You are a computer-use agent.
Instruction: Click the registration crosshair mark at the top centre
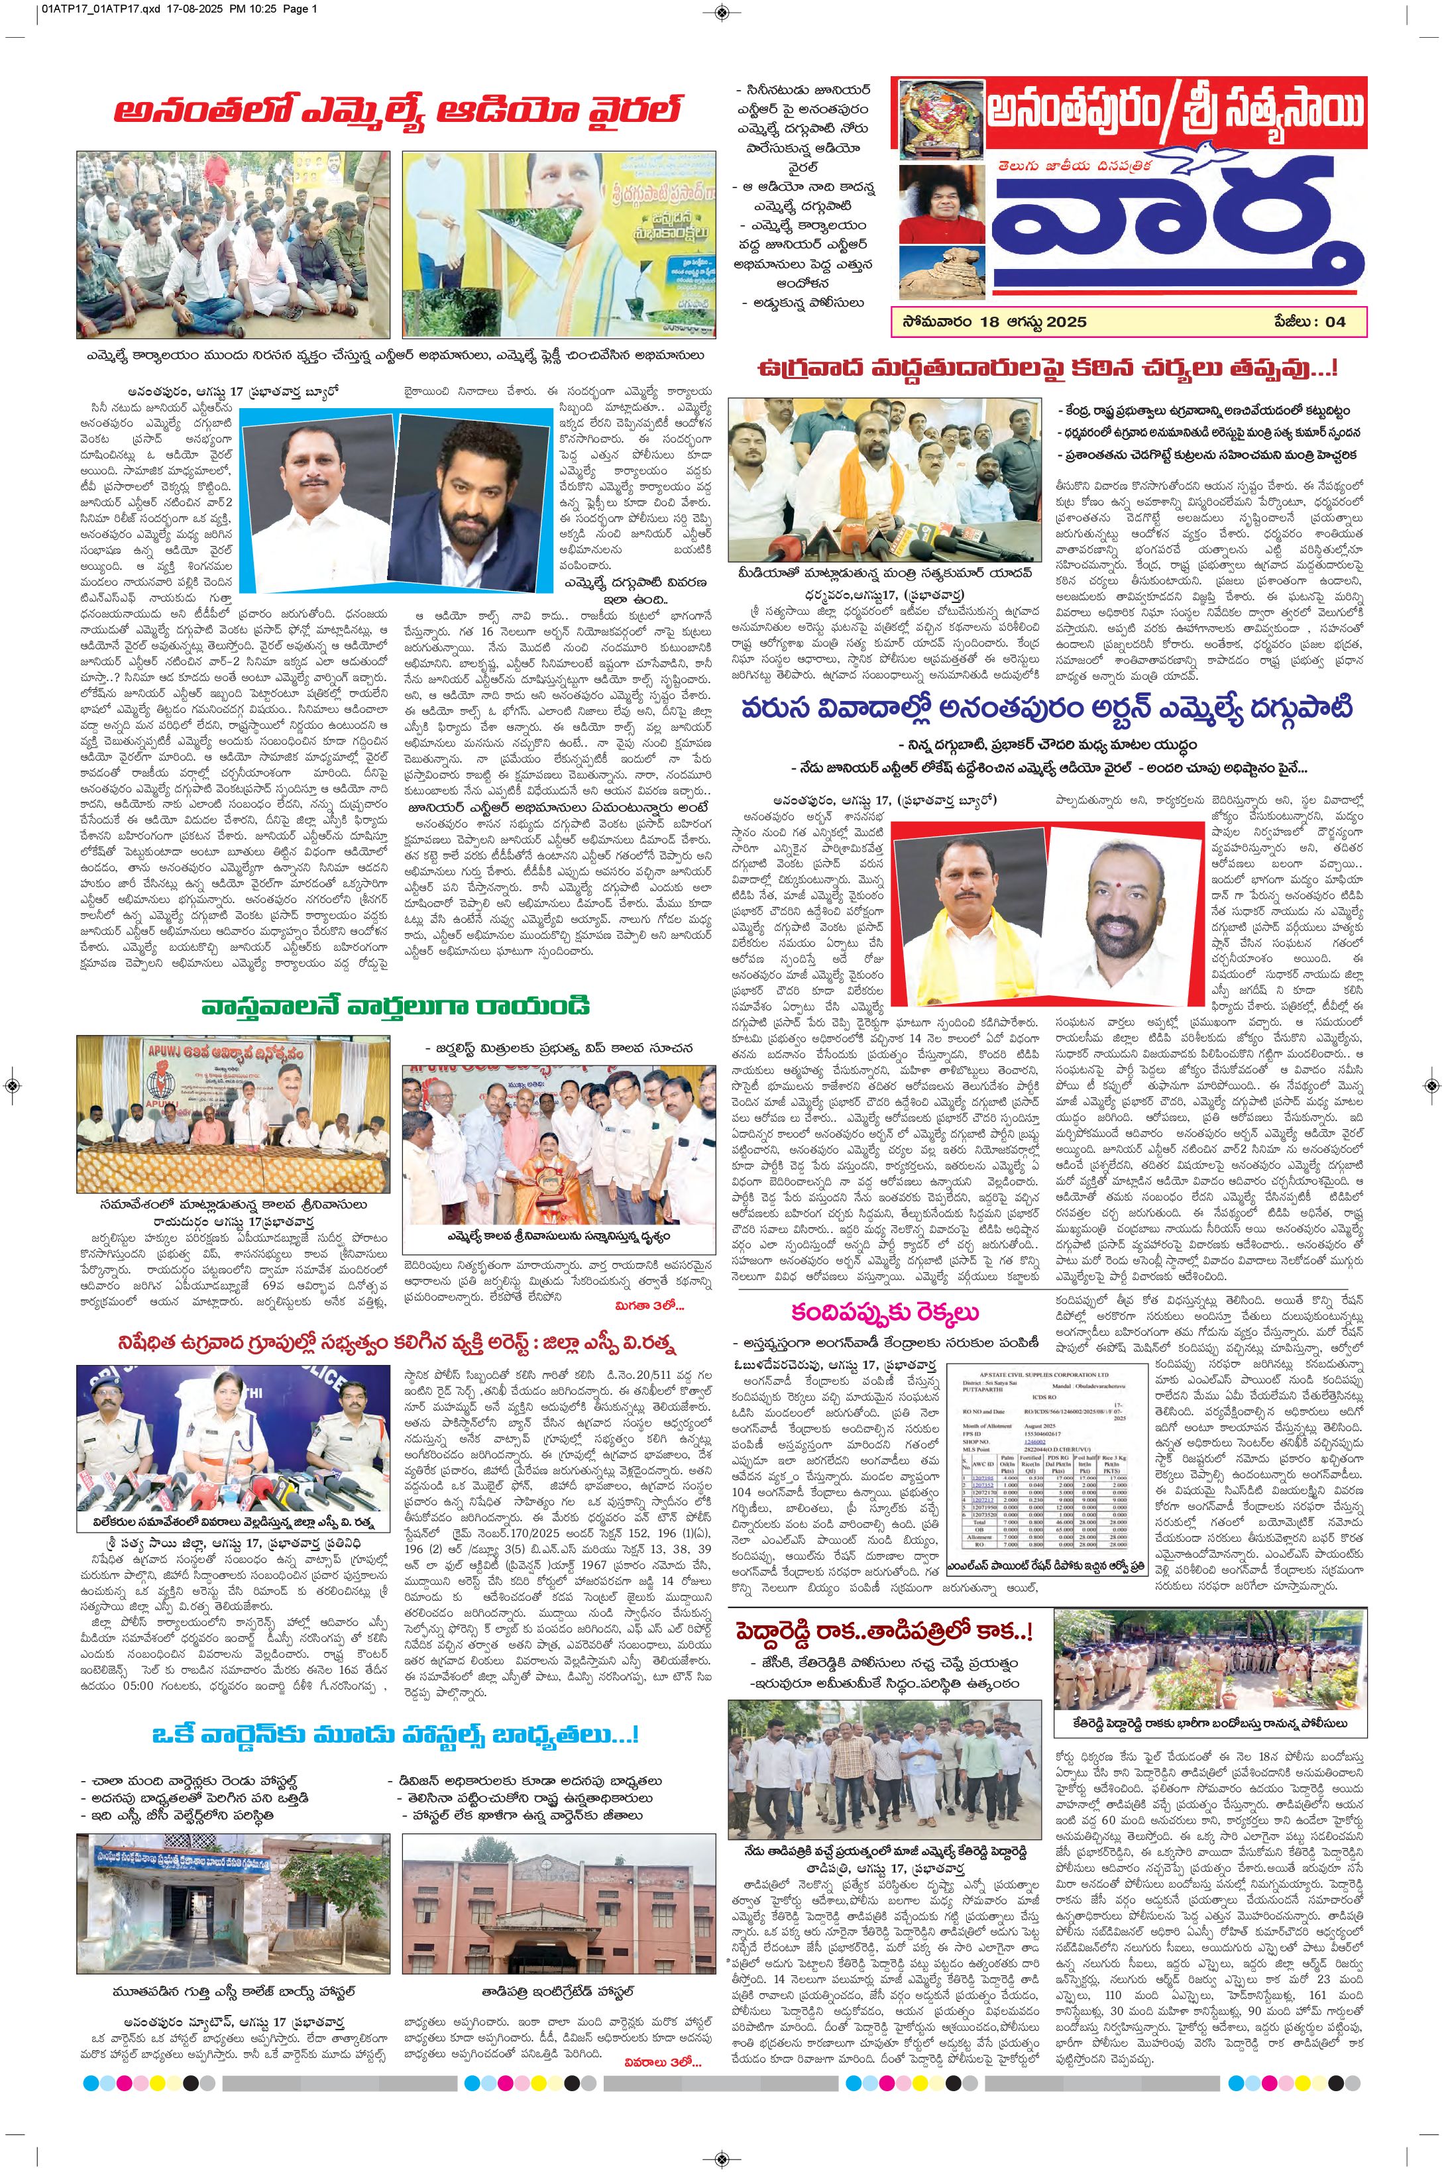tap(722, 12)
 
